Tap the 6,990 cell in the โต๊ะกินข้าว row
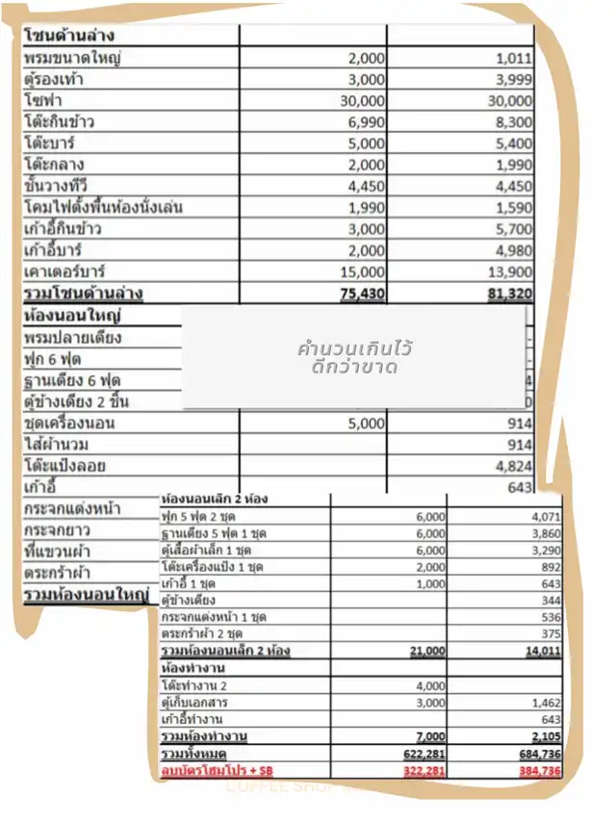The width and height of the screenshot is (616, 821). point(366,121)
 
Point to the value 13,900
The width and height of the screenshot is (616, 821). point(510,271)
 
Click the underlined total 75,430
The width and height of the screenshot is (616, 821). point(363,293)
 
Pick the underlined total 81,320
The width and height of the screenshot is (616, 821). point(510,293)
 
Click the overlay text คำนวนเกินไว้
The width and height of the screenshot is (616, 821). point(356,347)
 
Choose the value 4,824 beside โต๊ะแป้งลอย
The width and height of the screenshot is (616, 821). point(513,467)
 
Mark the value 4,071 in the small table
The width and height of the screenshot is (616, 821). point(545,516)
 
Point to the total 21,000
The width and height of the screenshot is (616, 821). point(429,652)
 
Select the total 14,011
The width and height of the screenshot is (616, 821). point(542,652)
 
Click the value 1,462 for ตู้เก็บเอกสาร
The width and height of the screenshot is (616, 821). point(545,704)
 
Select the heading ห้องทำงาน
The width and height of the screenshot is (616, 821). point(189,668)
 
